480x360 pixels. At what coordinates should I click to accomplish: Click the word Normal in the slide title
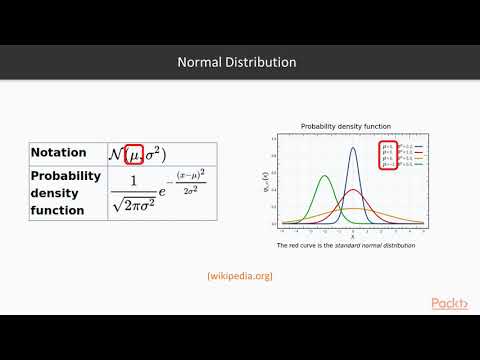point(199,62)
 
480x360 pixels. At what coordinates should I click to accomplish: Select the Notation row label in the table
point(59,153)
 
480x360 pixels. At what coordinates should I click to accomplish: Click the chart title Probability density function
point(346,126)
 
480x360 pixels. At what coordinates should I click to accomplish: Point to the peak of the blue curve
point(352,148)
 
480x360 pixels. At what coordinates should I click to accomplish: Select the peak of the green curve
point(324,177)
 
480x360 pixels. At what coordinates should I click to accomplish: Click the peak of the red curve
point(352,190)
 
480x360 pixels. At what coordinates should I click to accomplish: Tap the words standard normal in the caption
point(355,245)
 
